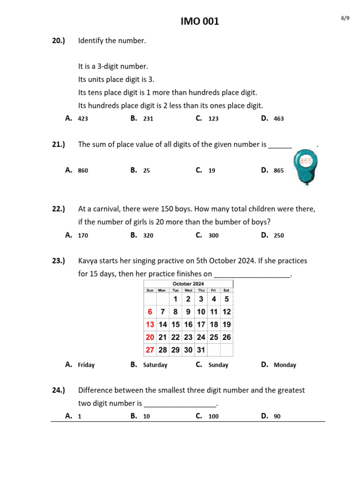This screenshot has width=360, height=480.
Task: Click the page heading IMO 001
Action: [200, 21]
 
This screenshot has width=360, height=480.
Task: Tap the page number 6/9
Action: [345, 18]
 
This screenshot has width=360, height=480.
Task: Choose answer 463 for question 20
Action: [278, 119]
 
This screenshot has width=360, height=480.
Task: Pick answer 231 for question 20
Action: [148, 119]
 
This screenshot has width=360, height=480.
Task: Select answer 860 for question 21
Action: [83, 171]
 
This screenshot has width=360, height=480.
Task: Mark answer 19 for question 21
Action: [212, 171]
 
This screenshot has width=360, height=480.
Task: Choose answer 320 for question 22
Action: [148, 236]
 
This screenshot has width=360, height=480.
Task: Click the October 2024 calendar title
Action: [188, 284]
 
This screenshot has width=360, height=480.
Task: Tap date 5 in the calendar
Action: [226, 299]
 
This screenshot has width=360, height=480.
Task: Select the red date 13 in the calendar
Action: [150, 324]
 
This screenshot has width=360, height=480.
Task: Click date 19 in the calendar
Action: [226, 324]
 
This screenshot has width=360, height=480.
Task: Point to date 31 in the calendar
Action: [201, 350]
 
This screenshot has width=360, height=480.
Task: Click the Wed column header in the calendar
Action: [188, 291]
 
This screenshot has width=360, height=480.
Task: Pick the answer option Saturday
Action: [155, 365]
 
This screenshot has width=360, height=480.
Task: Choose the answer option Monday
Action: [285, 365]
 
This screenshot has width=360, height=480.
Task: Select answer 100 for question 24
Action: [213, 416]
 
